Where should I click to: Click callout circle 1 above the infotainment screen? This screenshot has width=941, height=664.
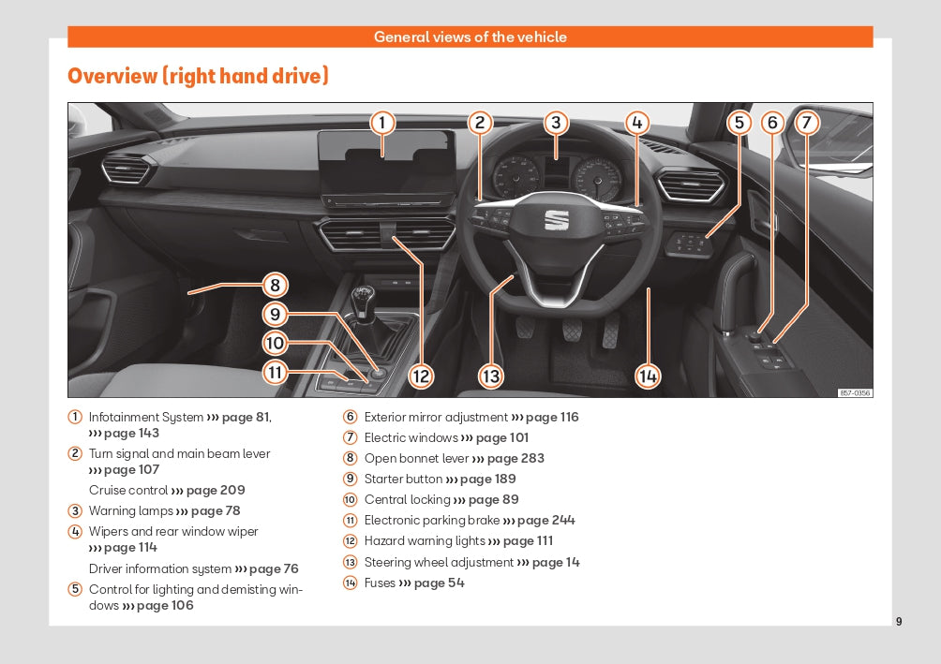pos(381,123)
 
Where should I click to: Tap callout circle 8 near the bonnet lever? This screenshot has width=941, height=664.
pos(274,285)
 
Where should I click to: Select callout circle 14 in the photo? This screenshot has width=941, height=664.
pos(648,376)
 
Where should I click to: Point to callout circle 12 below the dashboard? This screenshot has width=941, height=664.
pos(421,376)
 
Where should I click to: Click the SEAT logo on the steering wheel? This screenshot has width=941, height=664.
pos(557,220)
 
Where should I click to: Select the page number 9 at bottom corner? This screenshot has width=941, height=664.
pos(899,621)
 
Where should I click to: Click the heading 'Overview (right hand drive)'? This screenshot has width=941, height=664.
pos(198,76)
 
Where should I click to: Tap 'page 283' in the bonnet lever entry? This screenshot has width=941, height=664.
pos(515,459)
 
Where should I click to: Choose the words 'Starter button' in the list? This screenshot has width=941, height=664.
pos(403,480)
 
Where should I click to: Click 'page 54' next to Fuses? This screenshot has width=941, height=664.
pos(439,583)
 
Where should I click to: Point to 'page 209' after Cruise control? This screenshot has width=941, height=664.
pos(216,491)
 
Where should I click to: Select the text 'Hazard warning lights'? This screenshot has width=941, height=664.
pos(425,541)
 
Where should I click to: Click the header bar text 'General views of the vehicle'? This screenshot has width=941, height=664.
pos(470,37)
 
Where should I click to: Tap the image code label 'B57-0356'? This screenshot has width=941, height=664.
pos(855,393)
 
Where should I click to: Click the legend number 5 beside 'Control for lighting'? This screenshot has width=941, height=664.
pos(75,590)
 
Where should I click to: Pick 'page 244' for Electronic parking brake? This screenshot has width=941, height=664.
pos(546,521)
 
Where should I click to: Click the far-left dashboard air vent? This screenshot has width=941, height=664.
pos(127,170)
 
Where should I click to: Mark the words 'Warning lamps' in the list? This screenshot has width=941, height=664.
pos(131,511)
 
